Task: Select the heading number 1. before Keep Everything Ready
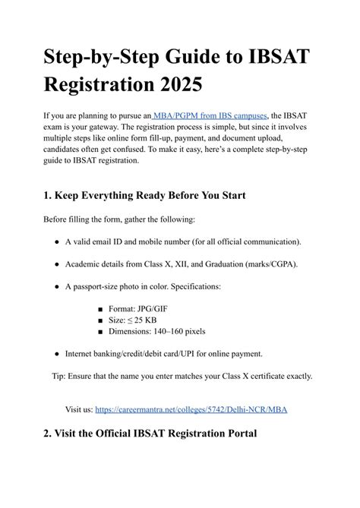click(49, 196)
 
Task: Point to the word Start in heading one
click(225, 196)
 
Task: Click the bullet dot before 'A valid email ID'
click(57, 241)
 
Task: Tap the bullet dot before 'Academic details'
click(57, 264)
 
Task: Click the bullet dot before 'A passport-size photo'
click(57, 288)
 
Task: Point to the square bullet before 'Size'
click(101, 320)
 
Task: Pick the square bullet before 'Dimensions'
click(101, 332)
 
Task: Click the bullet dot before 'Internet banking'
click(57, 354)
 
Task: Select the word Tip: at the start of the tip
click(60, 376)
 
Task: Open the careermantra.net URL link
click(191, 409)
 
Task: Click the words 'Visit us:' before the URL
click(78, 409)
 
